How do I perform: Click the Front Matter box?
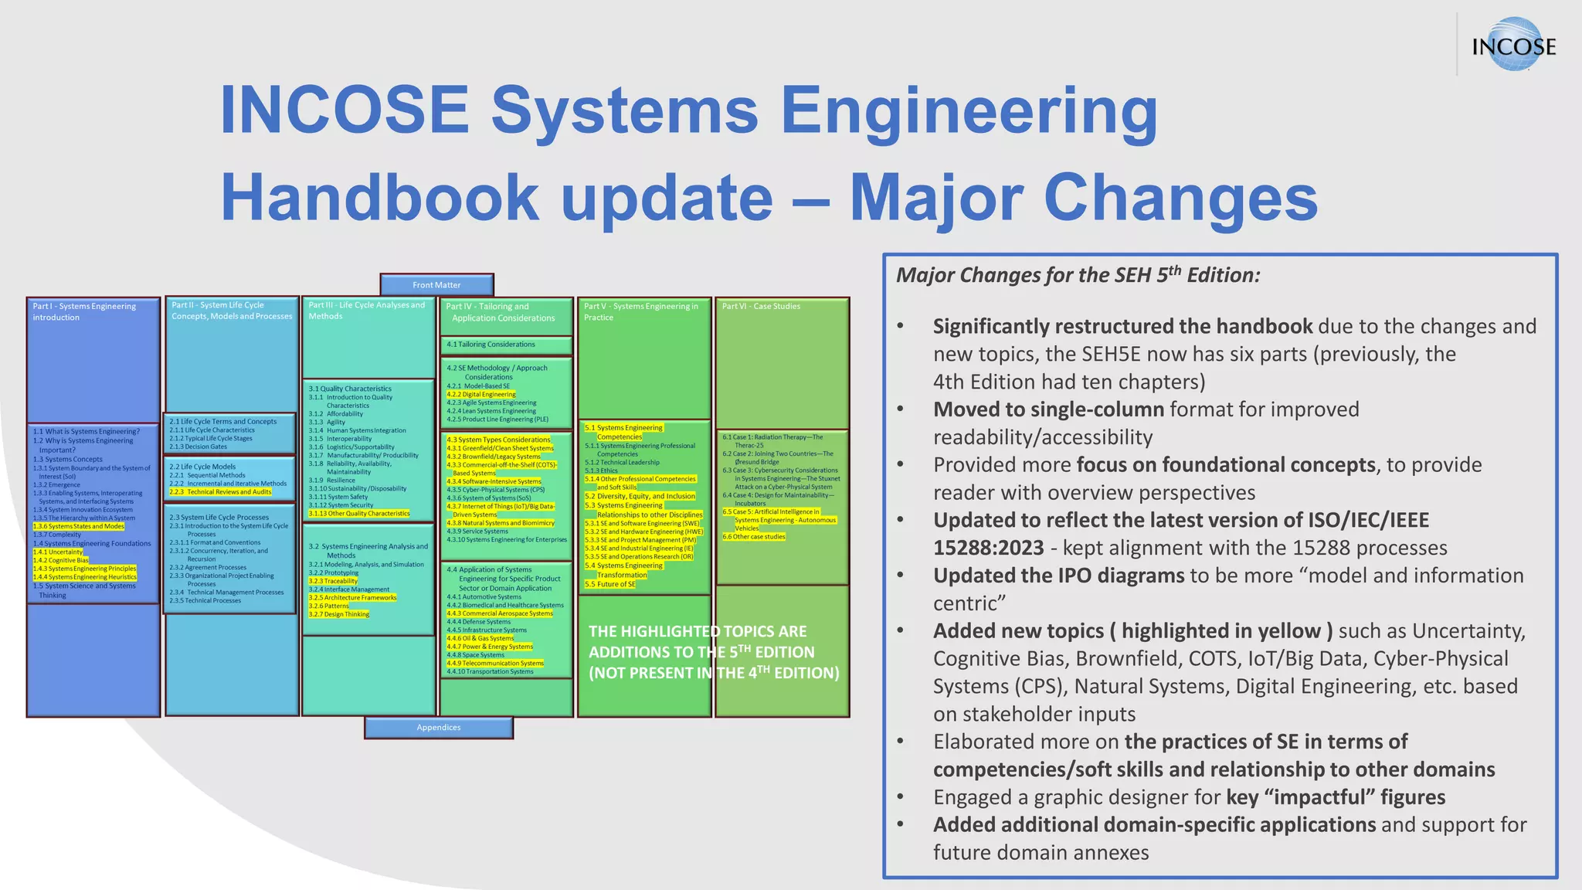(x=436, y=285)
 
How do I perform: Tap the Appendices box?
(x=438, y=728)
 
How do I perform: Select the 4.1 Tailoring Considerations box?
(x=506, y=345)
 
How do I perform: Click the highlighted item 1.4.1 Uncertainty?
(x=58, y=552)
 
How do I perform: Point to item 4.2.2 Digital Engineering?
(x=481, y=394)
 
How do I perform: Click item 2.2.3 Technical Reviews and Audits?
(x=221, y=492)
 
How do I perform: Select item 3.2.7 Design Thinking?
(x=339, y=614)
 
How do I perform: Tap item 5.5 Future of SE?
(x=610, y=584)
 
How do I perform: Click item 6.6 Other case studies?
(x=754, y=537)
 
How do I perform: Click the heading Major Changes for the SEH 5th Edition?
(x=1078, y=275)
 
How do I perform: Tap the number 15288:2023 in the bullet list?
(x=988, y=548)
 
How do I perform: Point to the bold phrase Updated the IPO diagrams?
(x=1057, y=576)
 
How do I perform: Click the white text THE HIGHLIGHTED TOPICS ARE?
(x=697, y=631)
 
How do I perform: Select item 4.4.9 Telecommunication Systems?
(x=495, y=663)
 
